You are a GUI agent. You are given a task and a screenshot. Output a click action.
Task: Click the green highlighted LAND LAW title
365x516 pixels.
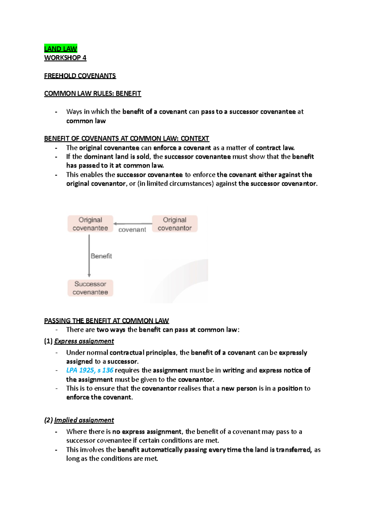[x=61, y=49]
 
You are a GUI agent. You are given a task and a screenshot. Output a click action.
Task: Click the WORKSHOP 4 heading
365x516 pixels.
[x=65, y=58]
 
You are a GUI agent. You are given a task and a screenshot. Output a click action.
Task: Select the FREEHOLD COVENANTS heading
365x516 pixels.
[x=80, y=76]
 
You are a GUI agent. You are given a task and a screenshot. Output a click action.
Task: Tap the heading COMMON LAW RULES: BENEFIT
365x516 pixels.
[x=92, y=94]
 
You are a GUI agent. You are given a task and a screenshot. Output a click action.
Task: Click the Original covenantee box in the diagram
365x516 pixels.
[x=90, y=224]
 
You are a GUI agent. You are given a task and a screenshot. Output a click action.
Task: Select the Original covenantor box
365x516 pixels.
[x=175, y=224]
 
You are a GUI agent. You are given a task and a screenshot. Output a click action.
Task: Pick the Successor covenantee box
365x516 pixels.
[x=90, y=288]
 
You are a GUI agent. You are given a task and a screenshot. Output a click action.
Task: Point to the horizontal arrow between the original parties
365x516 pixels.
[x=133, y=224]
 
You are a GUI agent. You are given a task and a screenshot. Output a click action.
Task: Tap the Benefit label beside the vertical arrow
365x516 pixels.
[x=101, y=256]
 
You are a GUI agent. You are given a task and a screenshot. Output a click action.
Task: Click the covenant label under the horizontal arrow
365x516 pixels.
[x=132, y=230]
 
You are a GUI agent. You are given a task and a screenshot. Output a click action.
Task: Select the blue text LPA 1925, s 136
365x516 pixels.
[x=90, y=370]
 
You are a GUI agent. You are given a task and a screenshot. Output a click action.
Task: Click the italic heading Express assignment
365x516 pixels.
[x=84, y=341]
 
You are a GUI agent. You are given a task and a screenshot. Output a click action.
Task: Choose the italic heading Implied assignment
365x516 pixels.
[x=84, y=420]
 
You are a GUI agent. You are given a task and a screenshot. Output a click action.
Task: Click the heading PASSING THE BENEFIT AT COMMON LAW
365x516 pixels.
[x=106, y=321]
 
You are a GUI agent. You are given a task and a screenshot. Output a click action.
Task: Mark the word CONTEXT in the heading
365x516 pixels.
[x=195, y=139]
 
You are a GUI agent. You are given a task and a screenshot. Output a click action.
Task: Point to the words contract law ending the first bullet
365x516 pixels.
[x=275, y=148]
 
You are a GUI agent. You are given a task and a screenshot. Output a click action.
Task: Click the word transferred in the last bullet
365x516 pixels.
[x=293, y=450]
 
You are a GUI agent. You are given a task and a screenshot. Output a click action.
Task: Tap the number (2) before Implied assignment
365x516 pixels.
[x=48, y=420]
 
